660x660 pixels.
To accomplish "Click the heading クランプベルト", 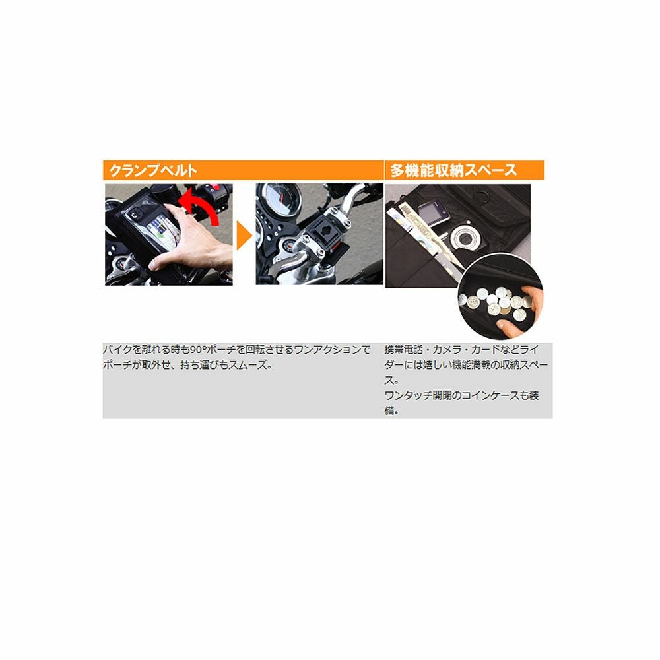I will (x=152, y=170).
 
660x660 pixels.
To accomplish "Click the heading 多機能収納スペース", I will (x=453, y=170).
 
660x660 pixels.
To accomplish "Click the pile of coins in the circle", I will (x=491, y=304).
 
